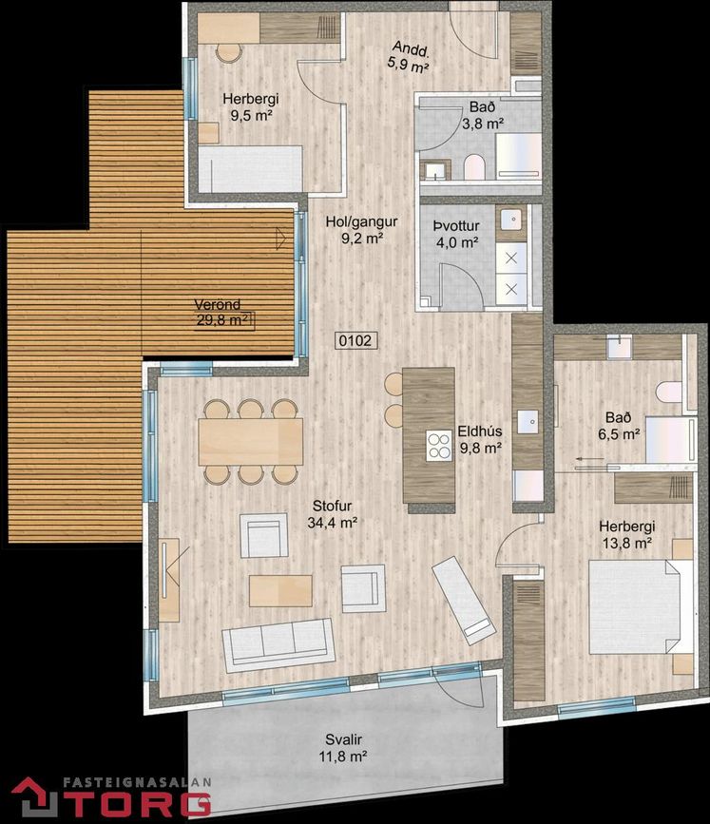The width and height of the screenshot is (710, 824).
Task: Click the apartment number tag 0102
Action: tap(355, 340)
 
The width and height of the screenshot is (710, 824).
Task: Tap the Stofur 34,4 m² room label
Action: tap(332, 514)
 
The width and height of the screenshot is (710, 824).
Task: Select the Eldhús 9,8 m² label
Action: tap(480, 439)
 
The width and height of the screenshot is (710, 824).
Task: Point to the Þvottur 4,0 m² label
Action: tap(456, 234)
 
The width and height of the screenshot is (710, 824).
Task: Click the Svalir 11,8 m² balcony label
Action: tap(343, 748)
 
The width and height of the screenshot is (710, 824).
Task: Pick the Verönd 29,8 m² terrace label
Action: tap(223, 312)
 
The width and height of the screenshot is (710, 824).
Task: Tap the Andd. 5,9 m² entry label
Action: tap(410, 57)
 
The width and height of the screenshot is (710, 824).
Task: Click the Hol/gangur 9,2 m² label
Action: tap(361, 230)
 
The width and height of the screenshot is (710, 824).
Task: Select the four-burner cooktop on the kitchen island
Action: tap(439, 446)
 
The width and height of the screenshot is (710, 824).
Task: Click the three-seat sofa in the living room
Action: tap(278, 644)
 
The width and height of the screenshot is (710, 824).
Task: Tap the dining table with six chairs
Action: tap(250, 441)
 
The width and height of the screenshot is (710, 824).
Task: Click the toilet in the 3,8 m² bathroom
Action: tap(473, 166)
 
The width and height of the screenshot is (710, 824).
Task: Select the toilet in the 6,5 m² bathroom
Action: tap(668, 392)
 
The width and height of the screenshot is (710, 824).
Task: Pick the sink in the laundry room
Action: tap(510, 220)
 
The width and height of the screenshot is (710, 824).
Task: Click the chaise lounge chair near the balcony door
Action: tap(464, 600)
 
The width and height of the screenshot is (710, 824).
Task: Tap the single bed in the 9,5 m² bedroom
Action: tap(250, 168)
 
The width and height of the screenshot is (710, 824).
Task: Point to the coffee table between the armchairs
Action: tap(280, 590)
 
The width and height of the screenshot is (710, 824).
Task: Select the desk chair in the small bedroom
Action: tap(229, 53)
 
